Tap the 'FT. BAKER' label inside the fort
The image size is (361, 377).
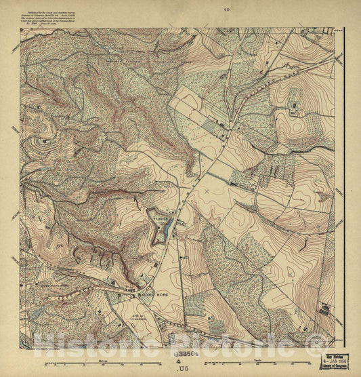[x=161, y=219]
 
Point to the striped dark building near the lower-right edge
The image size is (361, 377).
[x=324, y=311]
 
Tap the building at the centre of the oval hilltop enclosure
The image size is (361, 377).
[x=294, y=105]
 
